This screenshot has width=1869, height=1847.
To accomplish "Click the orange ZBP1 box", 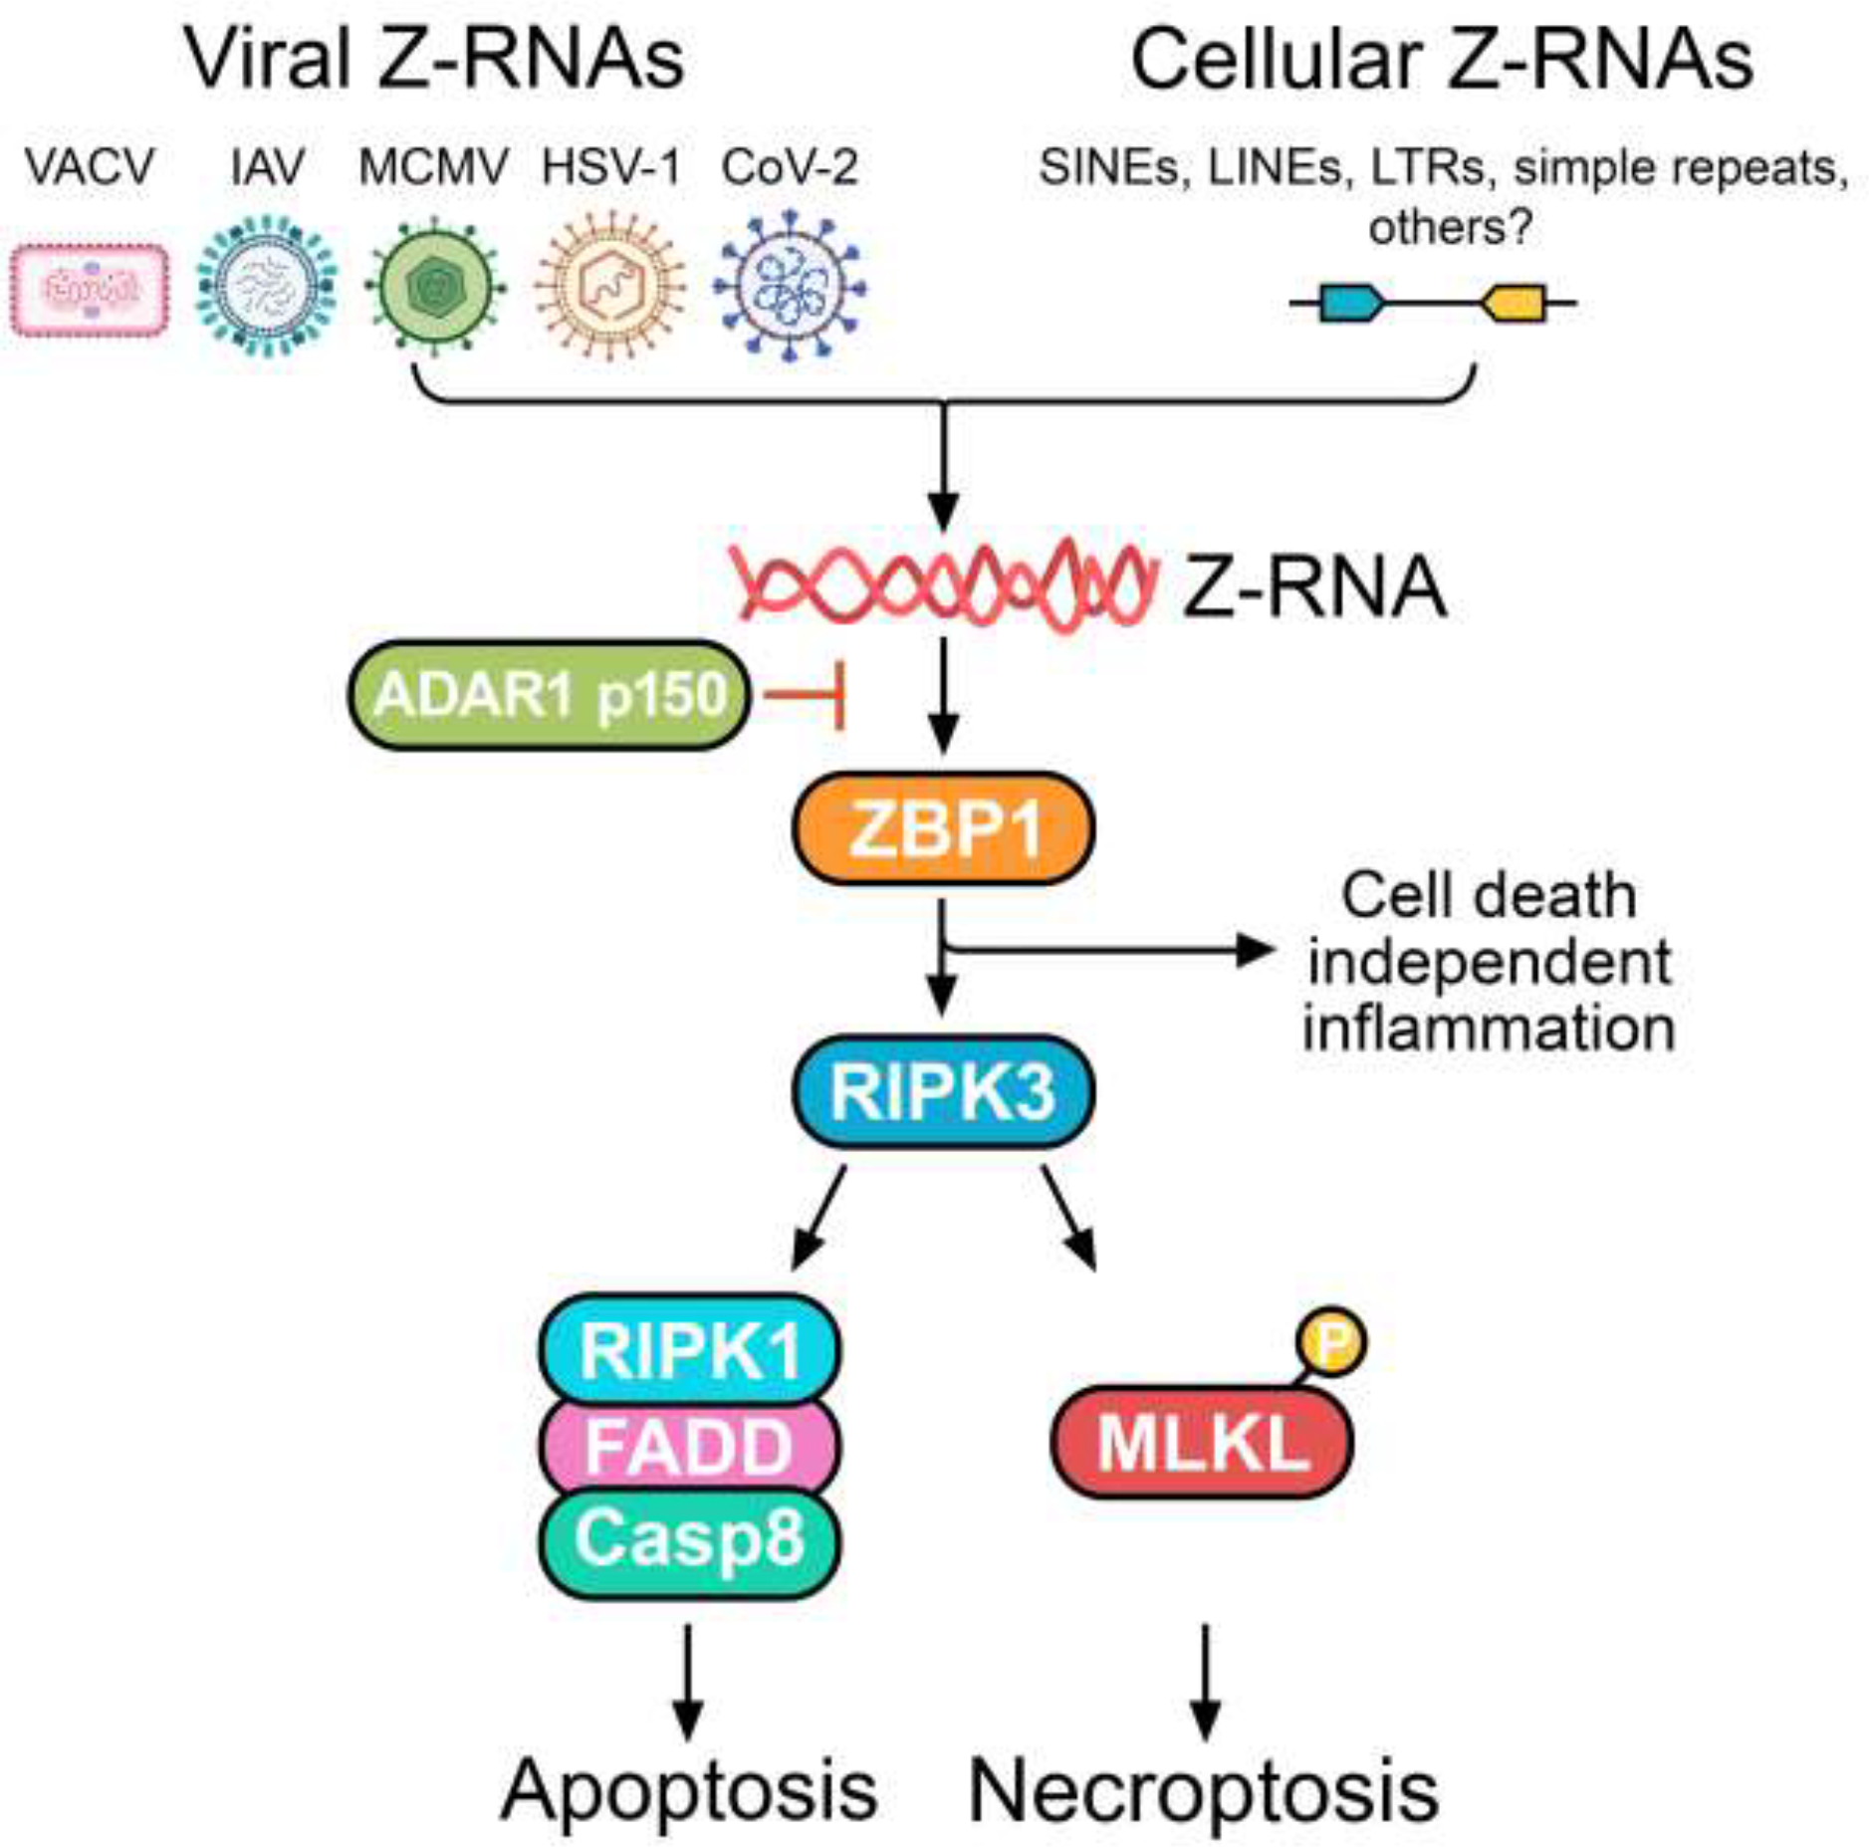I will [942, 828].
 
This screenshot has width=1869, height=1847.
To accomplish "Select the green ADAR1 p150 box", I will [549, 694].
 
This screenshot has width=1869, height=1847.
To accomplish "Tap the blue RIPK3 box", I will [942, 1091].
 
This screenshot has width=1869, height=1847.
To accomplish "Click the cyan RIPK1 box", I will [689, 1349].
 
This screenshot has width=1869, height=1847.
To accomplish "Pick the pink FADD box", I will [689, 1445].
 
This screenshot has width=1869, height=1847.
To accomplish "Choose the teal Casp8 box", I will [689, 1538].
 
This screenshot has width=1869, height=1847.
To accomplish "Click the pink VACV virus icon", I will [90, 290].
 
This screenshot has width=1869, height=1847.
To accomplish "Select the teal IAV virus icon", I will [266, 286].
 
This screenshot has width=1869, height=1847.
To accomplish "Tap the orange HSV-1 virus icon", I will [610, 287].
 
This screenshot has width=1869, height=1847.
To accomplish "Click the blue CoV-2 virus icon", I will [790, 287].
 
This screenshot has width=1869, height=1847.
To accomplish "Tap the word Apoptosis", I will [689, 1789].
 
